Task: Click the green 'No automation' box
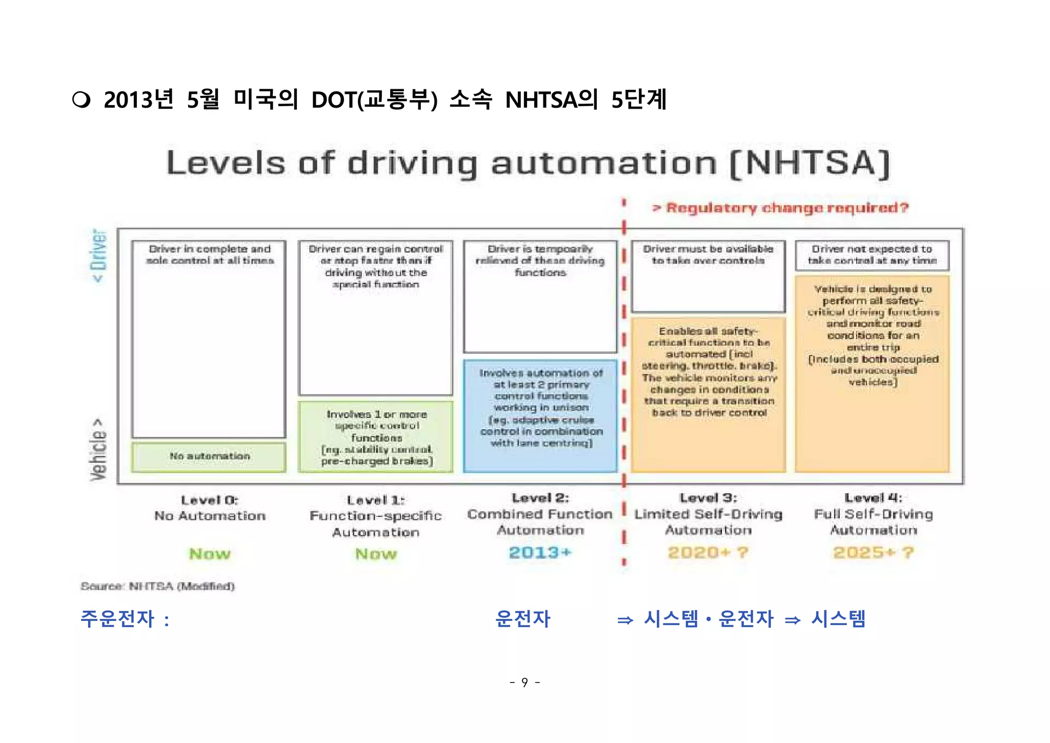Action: [209, 456]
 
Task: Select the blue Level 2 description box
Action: [540, 415]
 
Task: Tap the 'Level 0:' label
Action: [209, 500]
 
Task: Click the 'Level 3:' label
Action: [708, 498]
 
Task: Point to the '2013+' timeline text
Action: [540, 553]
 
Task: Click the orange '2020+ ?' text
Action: [708, 553]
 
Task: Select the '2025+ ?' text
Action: [873, 553]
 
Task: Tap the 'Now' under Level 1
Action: [376, 554]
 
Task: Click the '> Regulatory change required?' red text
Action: [780, 208]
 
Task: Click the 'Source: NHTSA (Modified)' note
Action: [157, 586]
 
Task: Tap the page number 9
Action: [524, 682]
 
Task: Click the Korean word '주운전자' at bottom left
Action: [117, 619]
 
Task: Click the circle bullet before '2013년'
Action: [82, 99]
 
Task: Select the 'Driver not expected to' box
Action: [872, 255]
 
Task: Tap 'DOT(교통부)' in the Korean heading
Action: [374, 99]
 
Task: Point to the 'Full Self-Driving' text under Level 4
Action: [873, 514]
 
